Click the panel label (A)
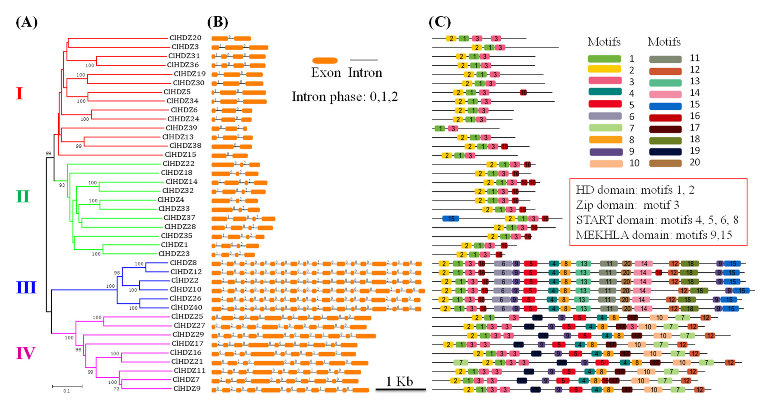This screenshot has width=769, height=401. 27,22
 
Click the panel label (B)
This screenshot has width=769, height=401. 218,22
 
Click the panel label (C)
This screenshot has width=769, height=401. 439,22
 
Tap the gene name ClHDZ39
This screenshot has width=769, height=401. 182,128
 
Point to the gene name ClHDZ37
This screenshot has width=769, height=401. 179,218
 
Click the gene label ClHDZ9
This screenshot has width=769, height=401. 187,389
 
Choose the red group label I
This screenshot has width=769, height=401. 19,93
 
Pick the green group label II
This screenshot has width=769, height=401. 23,196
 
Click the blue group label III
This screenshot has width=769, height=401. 26,287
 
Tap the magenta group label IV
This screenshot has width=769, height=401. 26,353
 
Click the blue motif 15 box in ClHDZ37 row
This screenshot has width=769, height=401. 450,219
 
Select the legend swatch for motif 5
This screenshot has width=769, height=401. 605,104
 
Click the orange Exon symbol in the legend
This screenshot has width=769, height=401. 325,61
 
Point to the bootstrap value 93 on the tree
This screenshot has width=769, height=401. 62,185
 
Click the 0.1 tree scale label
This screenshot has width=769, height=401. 66,391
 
